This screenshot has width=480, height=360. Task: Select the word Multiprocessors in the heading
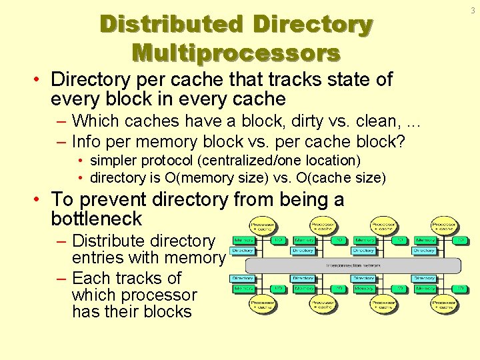236,52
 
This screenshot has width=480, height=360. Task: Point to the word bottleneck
96,219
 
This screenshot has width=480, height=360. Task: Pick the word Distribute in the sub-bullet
110,241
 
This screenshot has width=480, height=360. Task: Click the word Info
86,141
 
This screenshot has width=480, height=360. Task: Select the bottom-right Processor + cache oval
445,305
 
